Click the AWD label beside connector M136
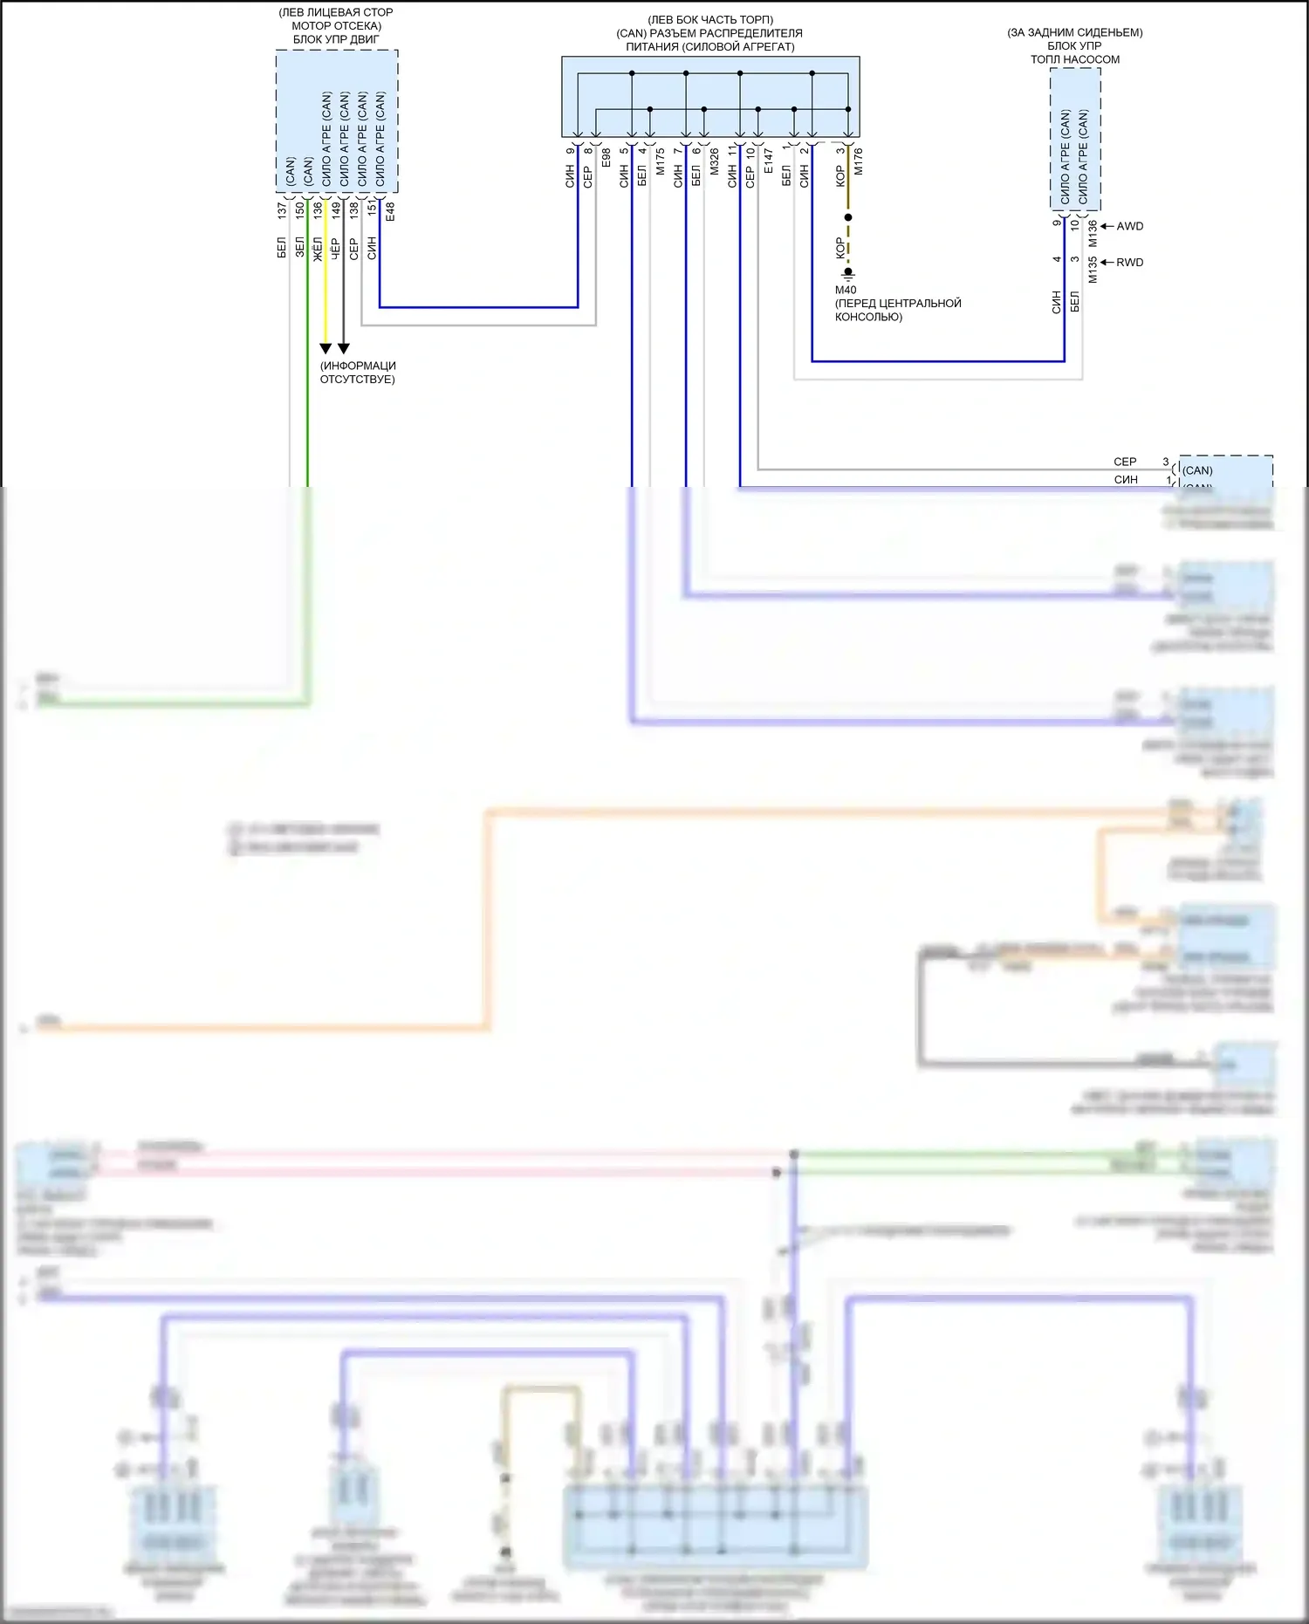click(x=1129, y=226)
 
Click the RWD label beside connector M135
click(x=1129, y=263)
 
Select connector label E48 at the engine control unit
click(x=390, y=211)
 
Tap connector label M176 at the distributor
click(x=859, y=161)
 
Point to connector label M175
click(x=661, y=161)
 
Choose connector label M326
click(x=715, y=161)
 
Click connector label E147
click(x=769, y=161)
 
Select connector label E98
click(x=607, y=159)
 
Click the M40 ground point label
click(x=846, y=290)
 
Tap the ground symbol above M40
click(x=847, y=273)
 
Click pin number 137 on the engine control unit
click(x=282, y=210)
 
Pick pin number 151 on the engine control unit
click(x=372, y=208)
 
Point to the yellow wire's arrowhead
click(x=326, y=348)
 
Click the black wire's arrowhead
click(x=344, y=348)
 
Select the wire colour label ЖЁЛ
click(x=318, y=248)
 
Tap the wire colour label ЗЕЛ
click(x=300, y=247)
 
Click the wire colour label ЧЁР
click(x=336, y=248)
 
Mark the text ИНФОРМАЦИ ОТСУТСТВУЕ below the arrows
click(x=358, y=373)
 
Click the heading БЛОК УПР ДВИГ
click(x=336, y=39)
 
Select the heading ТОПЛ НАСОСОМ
click(x=1074, y=59)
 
